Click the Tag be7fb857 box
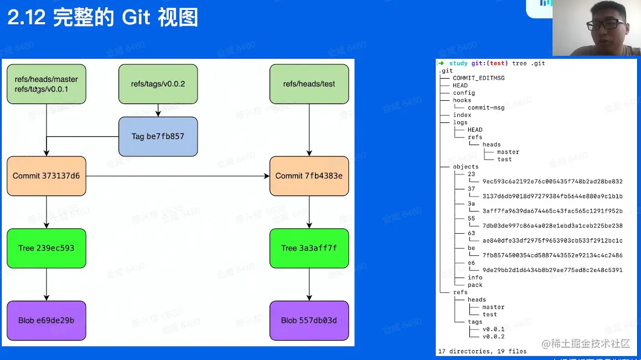click(x=158, y=136)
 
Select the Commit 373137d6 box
click(x=46, y=176)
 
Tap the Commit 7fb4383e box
click(x=309, y=176)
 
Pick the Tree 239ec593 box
click(x=46, y=248)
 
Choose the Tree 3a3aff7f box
click(x=309, y=248)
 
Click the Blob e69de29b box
click(x=46, y=320)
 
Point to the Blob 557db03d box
click(x=309, y=320)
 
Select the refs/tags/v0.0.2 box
click(x=158, y=84)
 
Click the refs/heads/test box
click(x=309, y=84)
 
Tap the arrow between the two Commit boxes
click(x=177, y=176)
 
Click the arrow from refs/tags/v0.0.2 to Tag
click(x=158, y=110)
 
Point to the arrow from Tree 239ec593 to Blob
click(x=46, y=284)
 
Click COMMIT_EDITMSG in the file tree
click(x=478, y=78)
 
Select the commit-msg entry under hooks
click(x=486, y=107)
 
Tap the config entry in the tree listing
click(x=464, y=93)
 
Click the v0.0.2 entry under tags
click(x=493, y=336)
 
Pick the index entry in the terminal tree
click(x=462, y=115)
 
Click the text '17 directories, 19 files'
click(x=482, y=351)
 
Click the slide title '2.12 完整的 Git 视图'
click(x=103, y=18)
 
